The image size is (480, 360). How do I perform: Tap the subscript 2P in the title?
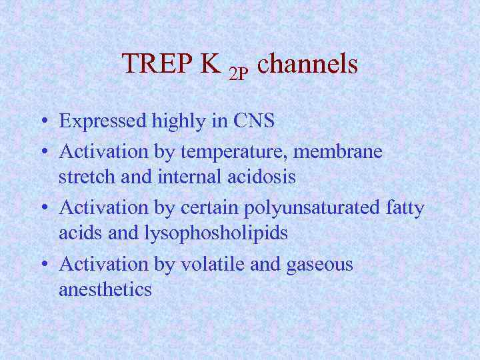238,73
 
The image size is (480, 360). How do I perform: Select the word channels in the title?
307,64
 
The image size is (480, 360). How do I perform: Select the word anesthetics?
105,290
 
